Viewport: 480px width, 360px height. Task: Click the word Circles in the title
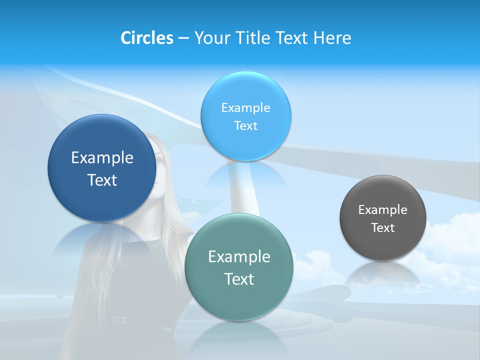pos(146,38)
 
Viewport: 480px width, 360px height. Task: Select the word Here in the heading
pos(332,38)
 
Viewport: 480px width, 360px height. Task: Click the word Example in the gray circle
pos(382,210)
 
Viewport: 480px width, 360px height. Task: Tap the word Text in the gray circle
pos(383,228)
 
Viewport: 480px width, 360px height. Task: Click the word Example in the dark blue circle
pos(102,158)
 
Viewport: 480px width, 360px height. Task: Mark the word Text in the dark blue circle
pos(102,180)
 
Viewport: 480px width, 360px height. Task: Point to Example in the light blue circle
pos(245,108)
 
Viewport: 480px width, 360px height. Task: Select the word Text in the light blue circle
pos(245,126)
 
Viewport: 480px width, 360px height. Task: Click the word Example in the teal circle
pos(239,257)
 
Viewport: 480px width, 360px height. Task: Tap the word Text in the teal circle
pos(239,279)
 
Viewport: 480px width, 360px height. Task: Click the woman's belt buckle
pos(120,319)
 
